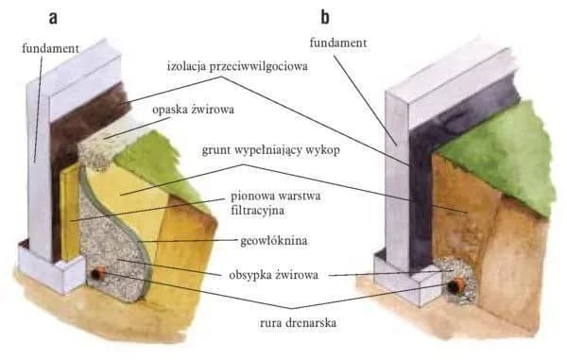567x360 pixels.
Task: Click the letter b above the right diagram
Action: (325, 17)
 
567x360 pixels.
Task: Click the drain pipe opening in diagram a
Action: (97, 275)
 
